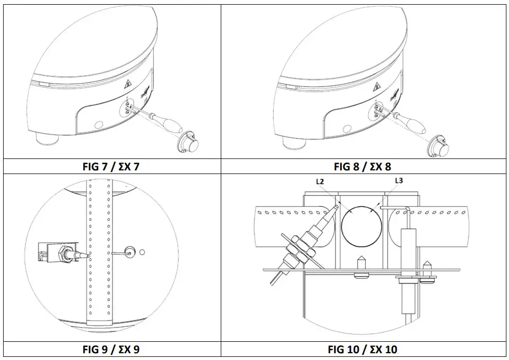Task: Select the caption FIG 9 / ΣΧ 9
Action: (x=111, y=350)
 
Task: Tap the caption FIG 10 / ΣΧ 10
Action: (x=363, y=350)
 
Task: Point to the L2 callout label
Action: (x=320, y=182)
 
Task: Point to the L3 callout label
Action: (x=399, y=181)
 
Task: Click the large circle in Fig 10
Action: (x=361, y=225)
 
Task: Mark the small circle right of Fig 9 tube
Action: (x=142, y=253)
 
